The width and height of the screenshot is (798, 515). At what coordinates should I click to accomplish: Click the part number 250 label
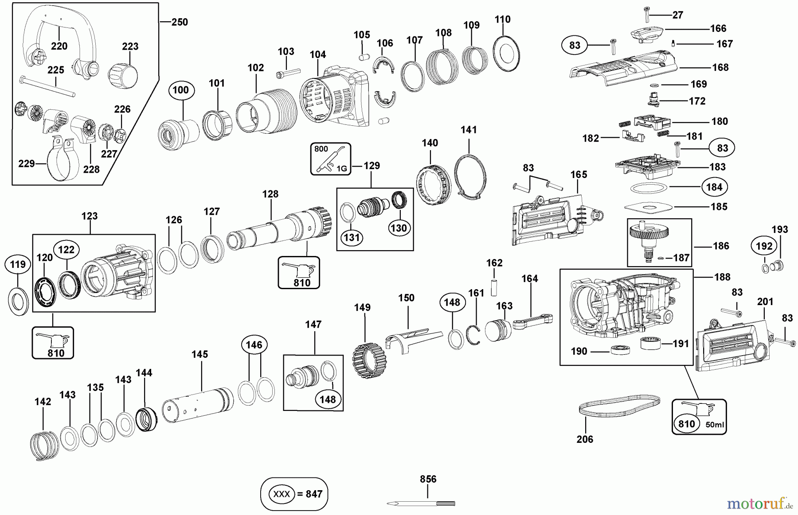coord(180,22)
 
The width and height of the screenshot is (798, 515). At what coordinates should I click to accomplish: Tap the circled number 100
coord(181,90)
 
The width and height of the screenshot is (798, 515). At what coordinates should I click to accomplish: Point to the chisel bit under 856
coord(421,503)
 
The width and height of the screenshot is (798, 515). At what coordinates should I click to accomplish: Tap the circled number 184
coord(714,187)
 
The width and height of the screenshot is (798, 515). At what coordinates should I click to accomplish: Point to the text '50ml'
coord(714,425)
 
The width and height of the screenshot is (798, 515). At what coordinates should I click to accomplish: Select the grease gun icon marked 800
coord(331,159)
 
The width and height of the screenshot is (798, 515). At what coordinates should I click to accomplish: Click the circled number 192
coord(764,246)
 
